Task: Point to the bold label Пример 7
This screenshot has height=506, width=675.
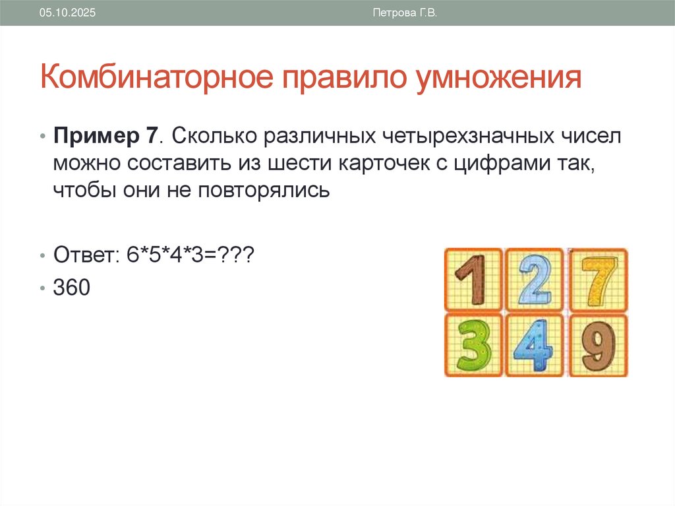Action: (105, 137)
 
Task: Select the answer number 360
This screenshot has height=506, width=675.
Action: (71, 288)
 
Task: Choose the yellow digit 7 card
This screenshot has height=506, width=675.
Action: (598, 280)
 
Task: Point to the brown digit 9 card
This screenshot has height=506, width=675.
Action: (598, 344)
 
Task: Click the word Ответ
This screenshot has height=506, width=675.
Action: (82, 254)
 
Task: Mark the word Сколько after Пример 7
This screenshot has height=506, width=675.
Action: (214, 137)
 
